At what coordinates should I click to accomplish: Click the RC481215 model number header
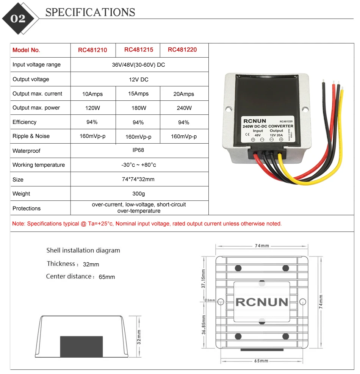(139, 50)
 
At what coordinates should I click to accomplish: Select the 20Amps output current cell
(184, 94)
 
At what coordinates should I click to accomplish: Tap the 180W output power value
(139, 108)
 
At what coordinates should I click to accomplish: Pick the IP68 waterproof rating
(139, 150)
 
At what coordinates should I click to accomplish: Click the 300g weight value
(139, 194)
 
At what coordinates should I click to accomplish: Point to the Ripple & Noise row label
(31, 136)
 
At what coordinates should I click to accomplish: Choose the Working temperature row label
(39, 165)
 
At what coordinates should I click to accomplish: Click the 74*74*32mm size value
(139, 179)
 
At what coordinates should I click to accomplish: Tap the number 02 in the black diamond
(18, 19)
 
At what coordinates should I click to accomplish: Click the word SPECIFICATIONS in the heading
(90, 13)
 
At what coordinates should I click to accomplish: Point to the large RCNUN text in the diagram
(262, 302)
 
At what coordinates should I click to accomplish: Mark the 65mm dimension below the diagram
(261, 361)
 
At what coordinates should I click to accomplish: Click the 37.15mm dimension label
(203, 279)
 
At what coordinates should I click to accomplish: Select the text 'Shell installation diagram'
(83, 250)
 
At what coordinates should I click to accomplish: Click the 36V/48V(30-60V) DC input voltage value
(139, 65)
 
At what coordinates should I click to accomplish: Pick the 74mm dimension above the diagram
(261, 246)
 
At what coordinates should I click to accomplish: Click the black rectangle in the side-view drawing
(81, 346)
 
